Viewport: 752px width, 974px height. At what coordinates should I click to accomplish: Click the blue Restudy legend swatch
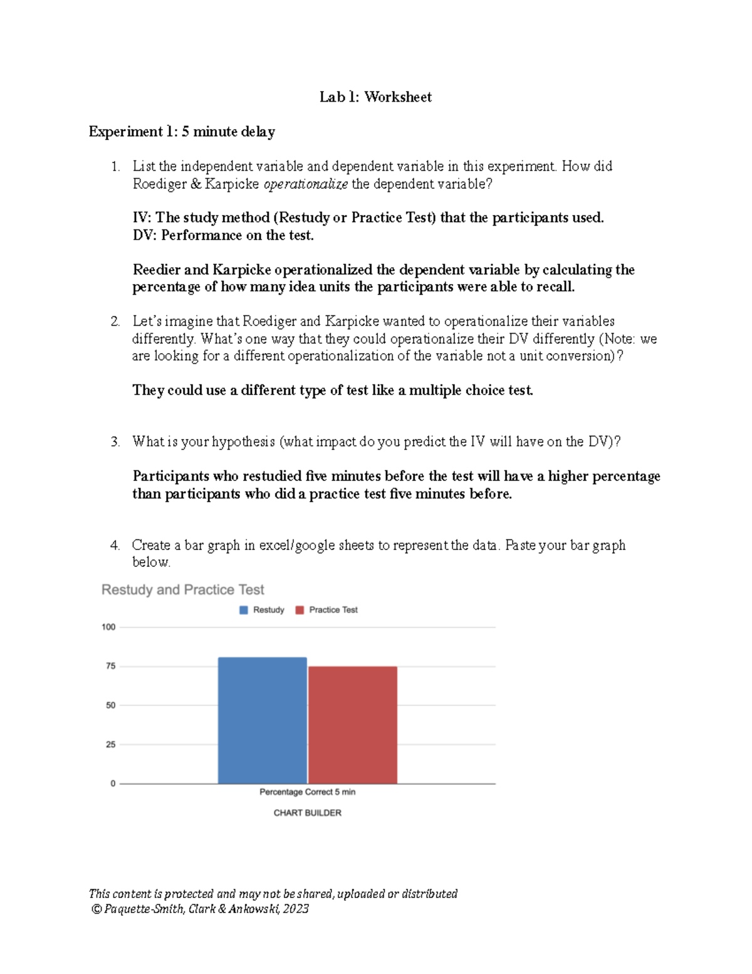point(244,610)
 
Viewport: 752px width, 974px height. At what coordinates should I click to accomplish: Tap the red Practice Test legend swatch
point(300,610)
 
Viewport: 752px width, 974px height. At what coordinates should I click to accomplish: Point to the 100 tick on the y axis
point(108,627)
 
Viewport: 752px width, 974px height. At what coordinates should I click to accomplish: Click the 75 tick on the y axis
point(110,666)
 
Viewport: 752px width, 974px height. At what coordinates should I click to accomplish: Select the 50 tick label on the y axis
point(110,706)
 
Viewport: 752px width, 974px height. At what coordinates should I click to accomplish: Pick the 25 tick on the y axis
point(110,744)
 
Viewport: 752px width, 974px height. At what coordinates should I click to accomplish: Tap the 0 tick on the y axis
point(113,783)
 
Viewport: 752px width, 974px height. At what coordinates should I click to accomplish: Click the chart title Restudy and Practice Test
point(182,590)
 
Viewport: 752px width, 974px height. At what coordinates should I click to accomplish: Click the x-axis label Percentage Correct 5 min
point(307,792)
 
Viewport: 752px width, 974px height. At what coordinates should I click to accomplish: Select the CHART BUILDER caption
point(307,813)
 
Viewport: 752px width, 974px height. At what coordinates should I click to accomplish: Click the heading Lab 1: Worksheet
point(375,97)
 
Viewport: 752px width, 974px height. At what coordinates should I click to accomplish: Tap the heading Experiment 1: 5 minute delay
point(182,132)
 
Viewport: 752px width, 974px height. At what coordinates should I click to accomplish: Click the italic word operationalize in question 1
point(305,184)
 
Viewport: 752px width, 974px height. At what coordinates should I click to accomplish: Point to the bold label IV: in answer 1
point(142,218)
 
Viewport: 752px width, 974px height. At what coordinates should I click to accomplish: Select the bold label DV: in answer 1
point(144,236)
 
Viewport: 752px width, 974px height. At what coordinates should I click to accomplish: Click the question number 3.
point(115,442)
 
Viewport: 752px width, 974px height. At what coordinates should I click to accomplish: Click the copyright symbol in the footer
point(96,909)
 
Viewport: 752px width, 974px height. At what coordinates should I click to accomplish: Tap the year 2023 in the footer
point(295,909)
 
